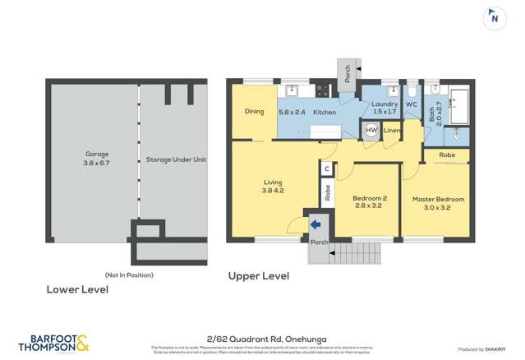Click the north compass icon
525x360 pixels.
(x=494, y=17)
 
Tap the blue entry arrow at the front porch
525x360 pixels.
(x=315, y=224)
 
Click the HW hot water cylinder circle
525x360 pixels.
(x=371, y=131)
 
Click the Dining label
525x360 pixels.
(x=254, y=111)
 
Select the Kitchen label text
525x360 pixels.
(x=325, y=111)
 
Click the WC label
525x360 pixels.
(x=412, y=105)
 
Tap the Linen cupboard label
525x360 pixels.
(x=392, y=131)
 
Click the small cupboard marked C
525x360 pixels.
(x=326, y=168)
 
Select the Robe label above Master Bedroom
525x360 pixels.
(x=447, y=155)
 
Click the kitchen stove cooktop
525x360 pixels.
(x=323, y=90)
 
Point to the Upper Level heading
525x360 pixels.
(x=258, y=276)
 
